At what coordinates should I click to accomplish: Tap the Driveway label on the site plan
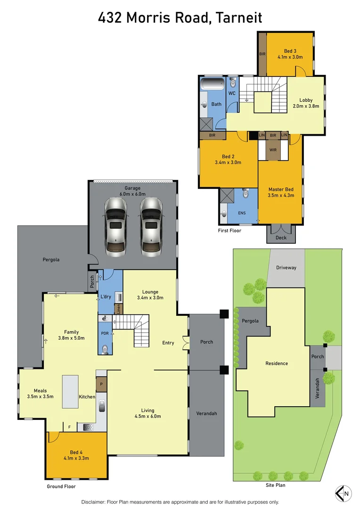tap(286, 268)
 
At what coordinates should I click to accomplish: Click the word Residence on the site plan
tap(276, 363)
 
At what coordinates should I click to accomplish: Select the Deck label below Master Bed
tap(281, 238)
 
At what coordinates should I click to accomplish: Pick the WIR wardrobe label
tap(272, 150)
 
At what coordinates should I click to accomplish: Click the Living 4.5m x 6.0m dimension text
tap(147, 416)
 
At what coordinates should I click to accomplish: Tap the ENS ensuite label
tap(242, 213)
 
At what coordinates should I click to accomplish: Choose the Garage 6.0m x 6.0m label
tap(132, 191)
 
